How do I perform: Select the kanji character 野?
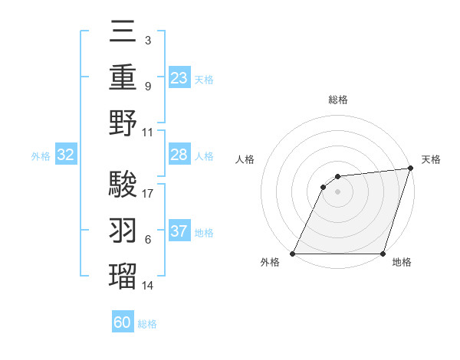tap(123, 125)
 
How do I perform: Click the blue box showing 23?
tap(179, 78)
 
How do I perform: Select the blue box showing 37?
tap(179, 231)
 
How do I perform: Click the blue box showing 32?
tap(65, 155)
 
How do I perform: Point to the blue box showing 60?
tap(123, 322)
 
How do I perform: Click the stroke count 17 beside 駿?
tap(149, 194)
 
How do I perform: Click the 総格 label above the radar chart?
tap(338, 100)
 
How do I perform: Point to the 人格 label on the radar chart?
tap(245, 159)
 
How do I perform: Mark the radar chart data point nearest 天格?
tap(410, 169)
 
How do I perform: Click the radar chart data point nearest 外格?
tap(292, 254)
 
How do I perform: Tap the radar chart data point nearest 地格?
tap(383, 254)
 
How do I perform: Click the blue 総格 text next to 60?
tap(147, 323)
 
